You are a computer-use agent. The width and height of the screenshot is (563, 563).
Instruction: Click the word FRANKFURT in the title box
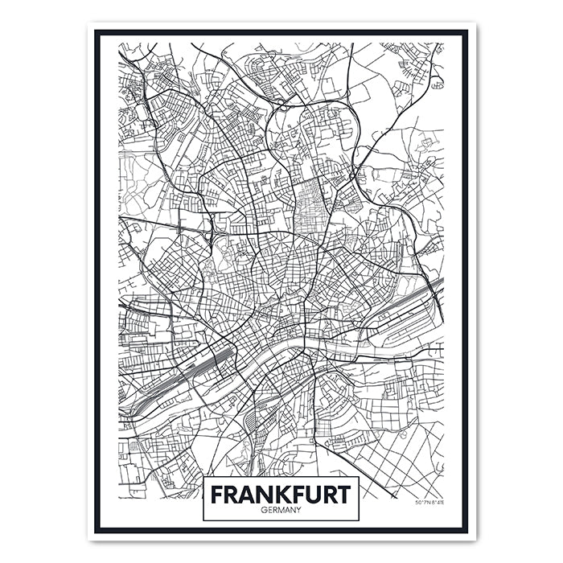(281, 493)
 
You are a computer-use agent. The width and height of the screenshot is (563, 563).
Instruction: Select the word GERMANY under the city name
(281, 509)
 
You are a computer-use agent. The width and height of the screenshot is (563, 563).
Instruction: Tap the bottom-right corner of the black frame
(466, 531)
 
